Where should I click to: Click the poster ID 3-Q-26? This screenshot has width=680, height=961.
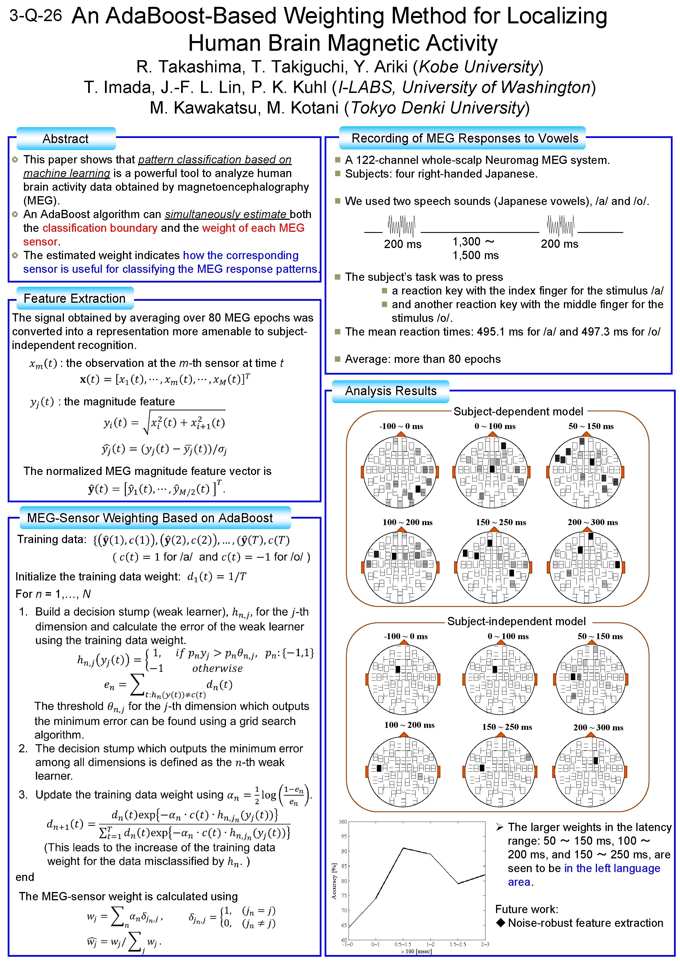tap(36, 16)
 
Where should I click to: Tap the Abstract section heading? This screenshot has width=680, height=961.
tap(65, 139)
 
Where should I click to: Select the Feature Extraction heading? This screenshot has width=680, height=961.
tap(74, 298)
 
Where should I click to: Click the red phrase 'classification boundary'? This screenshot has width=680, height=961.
tap(100, 228)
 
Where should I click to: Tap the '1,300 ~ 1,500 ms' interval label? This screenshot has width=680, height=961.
tap(475, 248)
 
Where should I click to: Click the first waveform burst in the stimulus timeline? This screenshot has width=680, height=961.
tap(401, 226)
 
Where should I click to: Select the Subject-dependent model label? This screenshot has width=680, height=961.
tap(518, 411)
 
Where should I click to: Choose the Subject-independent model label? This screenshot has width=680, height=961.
tap(516, 621)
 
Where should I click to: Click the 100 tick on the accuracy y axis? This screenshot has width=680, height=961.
tap(343, 822)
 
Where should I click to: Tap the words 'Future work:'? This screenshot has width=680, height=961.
tap(526, 909)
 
